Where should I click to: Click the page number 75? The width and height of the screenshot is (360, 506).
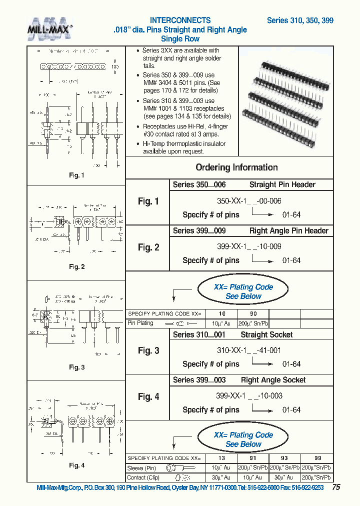point(336,487)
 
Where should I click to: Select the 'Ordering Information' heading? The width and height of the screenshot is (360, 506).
point(236,167)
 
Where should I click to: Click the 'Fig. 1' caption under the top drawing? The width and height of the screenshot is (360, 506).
point(76,175)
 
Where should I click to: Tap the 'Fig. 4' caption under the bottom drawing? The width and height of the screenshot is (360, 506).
point(76,465)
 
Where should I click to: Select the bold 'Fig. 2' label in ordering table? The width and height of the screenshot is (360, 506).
point(148,247)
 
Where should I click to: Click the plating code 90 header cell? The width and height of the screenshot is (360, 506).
point(253,314)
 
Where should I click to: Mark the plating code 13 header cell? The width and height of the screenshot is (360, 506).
point(221,458)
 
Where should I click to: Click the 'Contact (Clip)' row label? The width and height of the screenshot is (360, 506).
point(143,477)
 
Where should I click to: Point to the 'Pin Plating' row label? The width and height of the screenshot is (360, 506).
point(140,323)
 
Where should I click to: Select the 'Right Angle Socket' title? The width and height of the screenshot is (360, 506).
point(273,380)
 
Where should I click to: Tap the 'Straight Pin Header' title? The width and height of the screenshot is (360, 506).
point(282,185)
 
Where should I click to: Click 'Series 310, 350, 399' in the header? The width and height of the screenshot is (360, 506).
point(300,21)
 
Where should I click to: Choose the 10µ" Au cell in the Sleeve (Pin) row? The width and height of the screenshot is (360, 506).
point(221,468)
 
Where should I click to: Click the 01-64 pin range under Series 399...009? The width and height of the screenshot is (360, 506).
point(291,260)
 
